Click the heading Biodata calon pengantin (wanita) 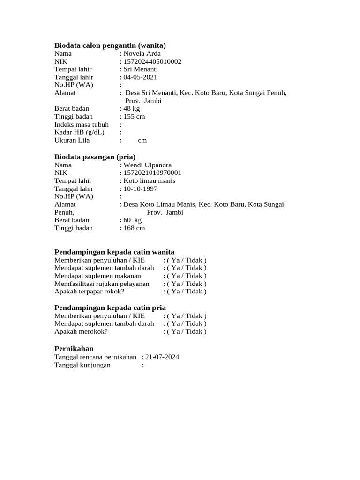click(x=110, y=45)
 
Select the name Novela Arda click(x=142, y=53)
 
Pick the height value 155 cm click(x=134, y=116)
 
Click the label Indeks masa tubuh click(x=82, y=124)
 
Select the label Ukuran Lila click(x=72, y=140)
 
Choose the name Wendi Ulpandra click(x=147, y=165)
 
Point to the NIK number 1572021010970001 click(x=152, y=173)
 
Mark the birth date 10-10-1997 click(x=140, y=188)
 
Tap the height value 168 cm click(x=134, y=228)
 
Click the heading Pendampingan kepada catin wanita click(x=114, y=252)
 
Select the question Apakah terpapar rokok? click(x=90, y=291)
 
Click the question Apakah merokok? click(x=81, y=331)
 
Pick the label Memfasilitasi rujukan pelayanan click(x=102, y=284)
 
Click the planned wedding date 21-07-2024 click(x=162, y=357)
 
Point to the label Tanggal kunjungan click(x=82, y=365)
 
